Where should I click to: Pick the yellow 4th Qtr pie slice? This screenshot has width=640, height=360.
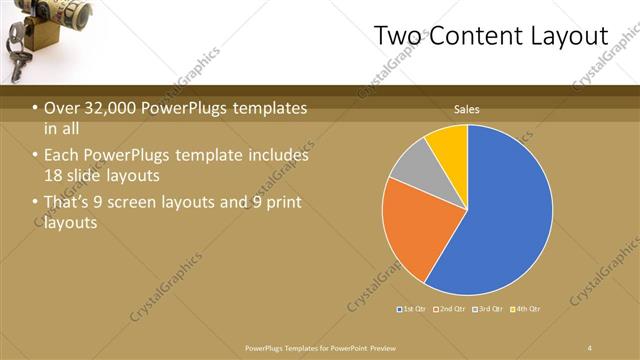[x=448, y=145]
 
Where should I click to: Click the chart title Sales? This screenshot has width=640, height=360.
[x=467, y=109]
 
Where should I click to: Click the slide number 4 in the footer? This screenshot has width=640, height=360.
[x=590, y=347]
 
